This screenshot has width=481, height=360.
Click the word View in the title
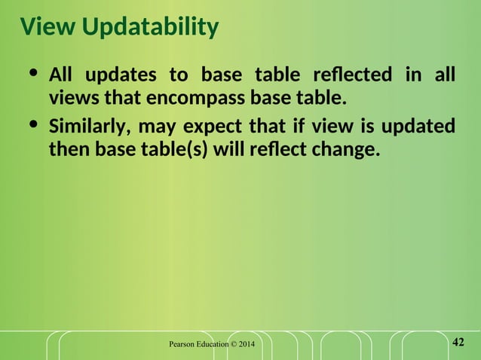coord(47,27)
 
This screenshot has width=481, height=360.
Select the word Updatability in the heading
coord(150,29)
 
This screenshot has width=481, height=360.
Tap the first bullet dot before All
coord(32,74)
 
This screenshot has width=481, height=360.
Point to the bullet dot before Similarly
coord(32,124)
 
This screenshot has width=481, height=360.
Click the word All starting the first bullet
coord(61,75)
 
